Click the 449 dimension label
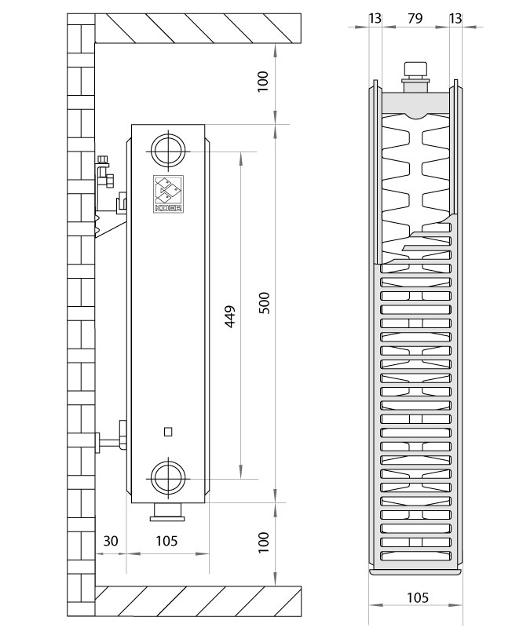(229, 316)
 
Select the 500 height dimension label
(264, 303)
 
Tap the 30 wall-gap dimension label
(111, 541)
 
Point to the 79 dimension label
(415, 18)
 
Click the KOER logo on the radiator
(168, 194)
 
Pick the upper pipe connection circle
(168, 151)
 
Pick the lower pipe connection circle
(168, 477)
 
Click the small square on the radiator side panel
(168, 432)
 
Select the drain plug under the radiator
(167, 513)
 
